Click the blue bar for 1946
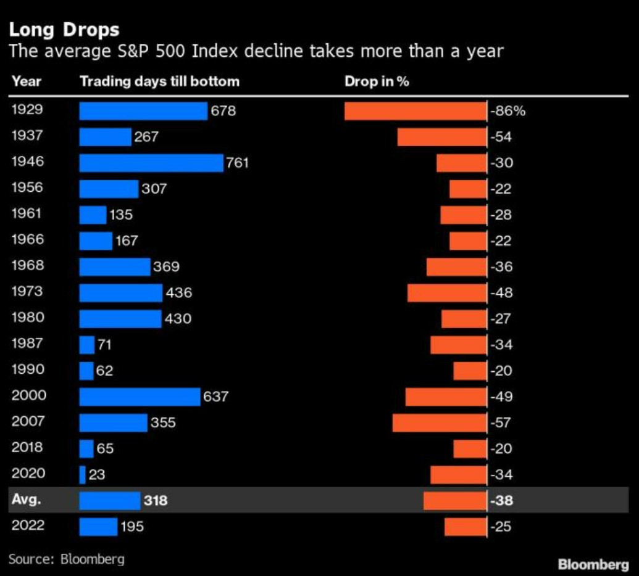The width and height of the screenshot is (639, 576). [x=151, y=163]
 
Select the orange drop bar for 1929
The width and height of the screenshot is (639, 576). [x=415, y=111]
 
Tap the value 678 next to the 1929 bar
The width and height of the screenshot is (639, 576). [x=223, y=111]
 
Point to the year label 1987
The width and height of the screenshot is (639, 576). [x=28, y=344]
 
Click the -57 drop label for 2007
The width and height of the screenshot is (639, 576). [x=501, y=422]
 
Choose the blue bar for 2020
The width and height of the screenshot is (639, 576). [x=83, y=474]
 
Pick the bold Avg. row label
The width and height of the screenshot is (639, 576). [x=26, y=500]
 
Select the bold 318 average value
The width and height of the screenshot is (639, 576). [x=156, y=500]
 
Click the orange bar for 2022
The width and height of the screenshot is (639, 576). [x=465, y=527]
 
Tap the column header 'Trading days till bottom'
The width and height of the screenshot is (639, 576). [x=159, y=81]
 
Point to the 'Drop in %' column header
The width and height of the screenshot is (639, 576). [x=377, y=81]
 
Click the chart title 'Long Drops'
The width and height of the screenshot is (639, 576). [x=64, y=30]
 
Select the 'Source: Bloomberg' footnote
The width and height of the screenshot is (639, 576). [x=66, y=559]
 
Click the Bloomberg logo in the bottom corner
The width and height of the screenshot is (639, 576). [x=593, y=564]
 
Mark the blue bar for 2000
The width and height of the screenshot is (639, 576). [x=140, y=396]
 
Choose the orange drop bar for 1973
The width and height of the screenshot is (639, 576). [x=447, y=293]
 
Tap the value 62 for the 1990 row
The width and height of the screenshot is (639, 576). [x=104, y=371]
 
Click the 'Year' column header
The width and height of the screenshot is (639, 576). [x=26, y=81]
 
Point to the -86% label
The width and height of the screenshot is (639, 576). [x=507, y=112]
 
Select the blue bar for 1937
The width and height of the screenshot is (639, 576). [x=105, y=137]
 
